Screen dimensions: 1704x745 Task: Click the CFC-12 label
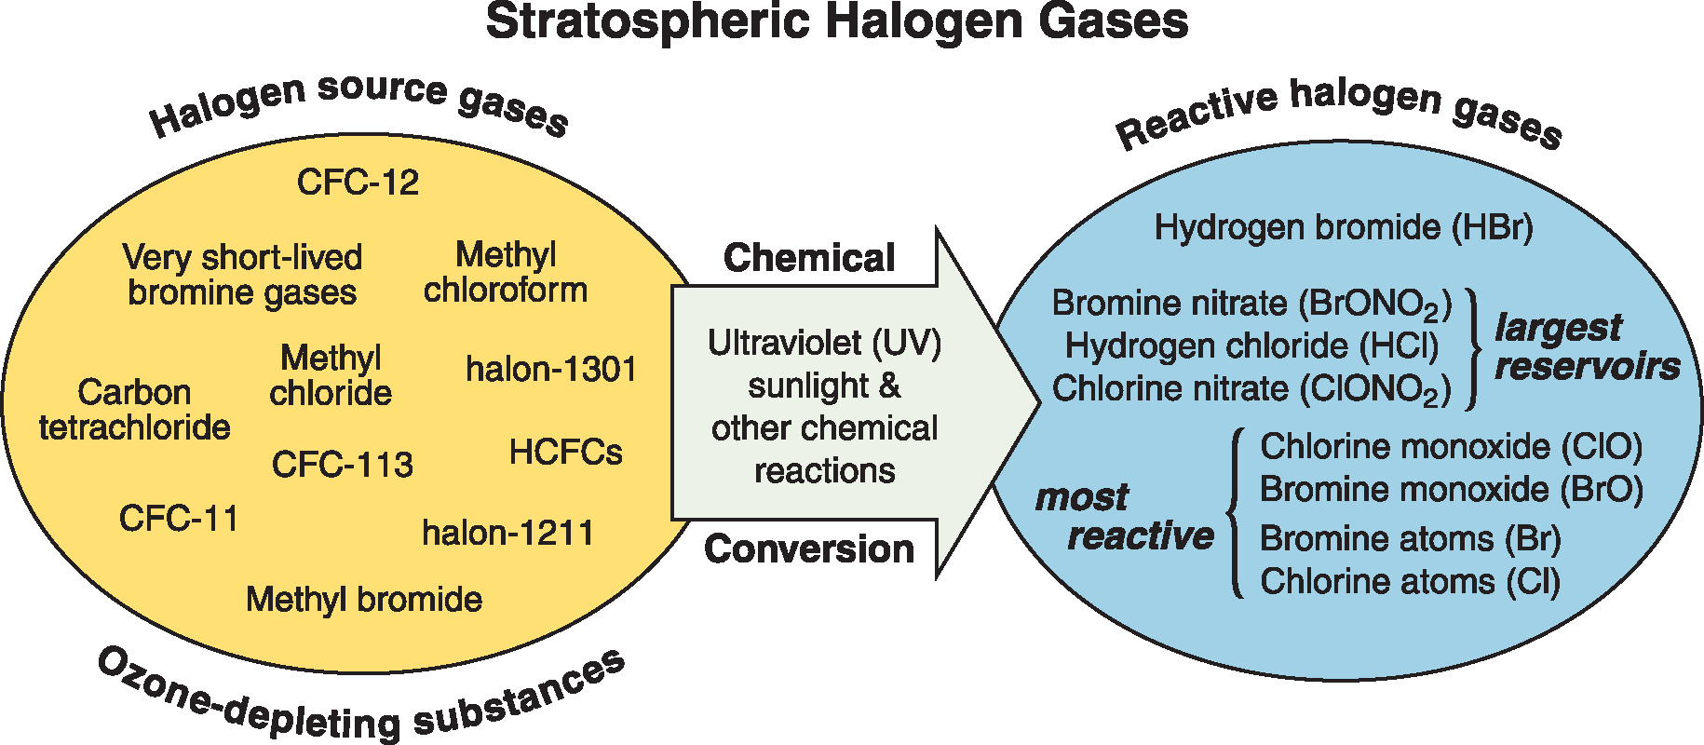(358, 183)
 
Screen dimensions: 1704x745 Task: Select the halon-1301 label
(551, 370)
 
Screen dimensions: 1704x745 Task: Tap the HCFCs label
(566, 454)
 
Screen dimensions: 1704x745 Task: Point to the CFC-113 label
(343, 465)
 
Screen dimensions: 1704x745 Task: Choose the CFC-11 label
(179, 519)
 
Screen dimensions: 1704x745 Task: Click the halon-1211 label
(508, 534)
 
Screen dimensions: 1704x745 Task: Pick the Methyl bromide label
(364, 600)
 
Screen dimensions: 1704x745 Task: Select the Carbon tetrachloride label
(135, 410)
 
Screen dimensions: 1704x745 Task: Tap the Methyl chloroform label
(506, 272)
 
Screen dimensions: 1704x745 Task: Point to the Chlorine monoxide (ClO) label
(1452, 447)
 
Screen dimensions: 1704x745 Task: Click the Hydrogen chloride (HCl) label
(1252, 346)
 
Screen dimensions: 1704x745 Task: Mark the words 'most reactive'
(1125, 517)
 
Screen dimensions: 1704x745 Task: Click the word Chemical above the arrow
(809, 258)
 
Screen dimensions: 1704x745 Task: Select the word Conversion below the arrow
(809, 549)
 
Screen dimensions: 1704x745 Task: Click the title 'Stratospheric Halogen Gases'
(837, 22)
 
